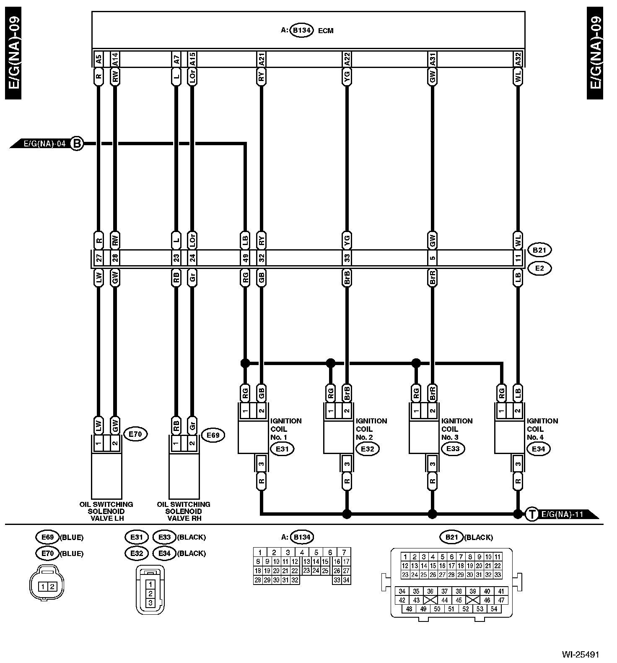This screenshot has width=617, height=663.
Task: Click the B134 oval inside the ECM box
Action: pyautogui.click(x=301, y=31)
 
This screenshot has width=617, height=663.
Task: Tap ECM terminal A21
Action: pyautogui.click(x=261, y=60)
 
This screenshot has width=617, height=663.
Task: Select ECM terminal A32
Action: pyautogui.click(x=518, y=60)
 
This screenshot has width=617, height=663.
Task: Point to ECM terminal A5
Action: pyautogui.click(x=99, y=60)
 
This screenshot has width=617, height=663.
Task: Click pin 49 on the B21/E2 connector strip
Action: pyautogui.click(x=245, y=258)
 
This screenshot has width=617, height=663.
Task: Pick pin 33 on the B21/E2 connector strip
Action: pyautogui.click(x=347, y=258)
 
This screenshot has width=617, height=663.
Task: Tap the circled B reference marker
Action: pyautogui.click(x=77, y=144)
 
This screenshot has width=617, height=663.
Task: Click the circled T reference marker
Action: pyautogui.click(x=531, y=514)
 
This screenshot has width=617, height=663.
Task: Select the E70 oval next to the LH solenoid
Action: pyautogui.click(x=135, y=435)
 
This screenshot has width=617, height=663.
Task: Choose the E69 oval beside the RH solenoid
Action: pyautogui.click(x=213, y=435)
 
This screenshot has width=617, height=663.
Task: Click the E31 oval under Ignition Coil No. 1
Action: pyautogui.click(x=282, y=449)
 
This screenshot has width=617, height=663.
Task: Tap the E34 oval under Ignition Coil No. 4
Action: pyautogui.click(x=538, y=449)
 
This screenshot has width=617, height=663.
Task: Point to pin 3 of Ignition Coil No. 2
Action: pyautogui.click(x=347, y=464)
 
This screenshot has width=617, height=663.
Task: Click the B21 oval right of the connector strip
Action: pyautogui.click(x=539, y=250)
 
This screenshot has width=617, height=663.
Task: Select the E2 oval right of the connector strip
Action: pyautogui.click(x=539, y=268)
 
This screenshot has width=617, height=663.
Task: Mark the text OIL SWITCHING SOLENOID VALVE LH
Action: pyautogui.click(x=106, y=511)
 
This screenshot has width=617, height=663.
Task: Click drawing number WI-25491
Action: pyautogui.click(x=581, y=654)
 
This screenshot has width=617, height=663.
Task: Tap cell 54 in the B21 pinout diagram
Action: pyautogui.click(x=494, y=609)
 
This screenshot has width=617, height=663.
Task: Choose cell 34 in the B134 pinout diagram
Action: pyautogui.click(x=346, y=580)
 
